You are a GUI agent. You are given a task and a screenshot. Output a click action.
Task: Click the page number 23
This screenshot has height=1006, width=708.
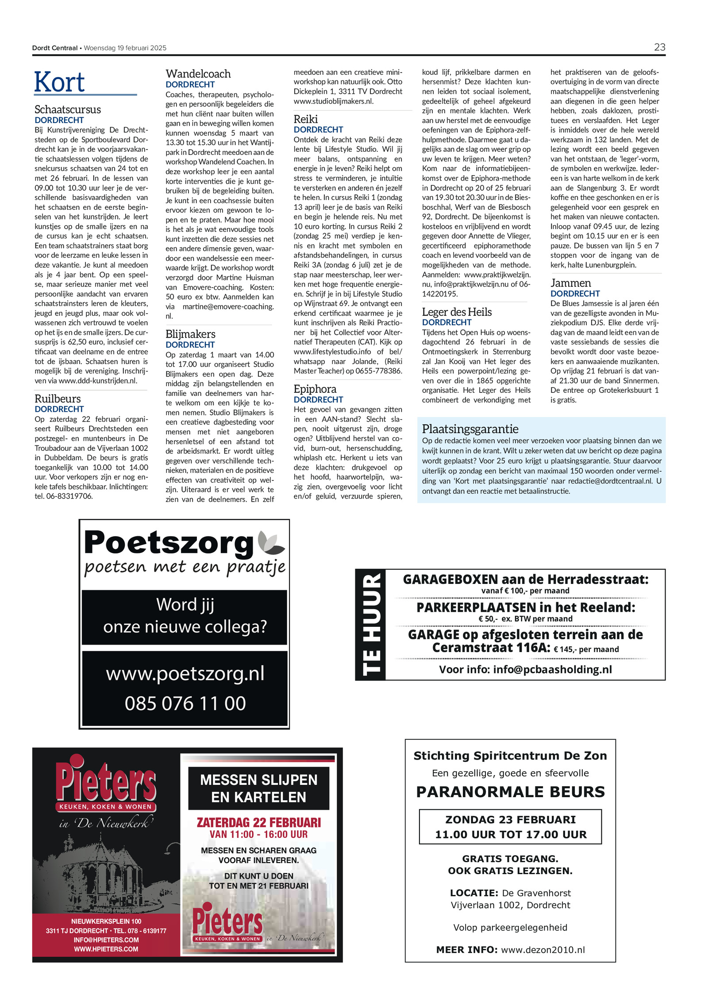tap(659, 47)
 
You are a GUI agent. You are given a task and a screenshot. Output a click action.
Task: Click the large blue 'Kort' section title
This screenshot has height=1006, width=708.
tap(59, 82)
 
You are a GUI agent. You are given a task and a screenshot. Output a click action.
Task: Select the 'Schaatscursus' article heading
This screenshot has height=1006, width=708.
tap(68, 109)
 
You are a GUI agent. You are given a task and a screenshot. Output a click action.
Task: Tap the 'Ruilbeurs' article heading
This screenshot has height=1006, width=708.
tap(58, 399)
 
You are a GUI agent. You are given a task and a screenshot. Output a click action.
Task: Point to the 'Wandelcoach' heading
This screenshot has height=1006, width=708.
tap(198, 74)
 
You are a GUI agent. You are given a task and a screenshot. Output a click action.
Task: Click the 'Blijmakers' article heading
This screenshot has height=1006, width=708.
tap(190, 334)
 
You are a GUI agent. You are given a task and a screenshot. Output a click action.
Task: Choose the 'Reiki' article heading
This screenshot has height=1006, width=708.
tap(306, 119)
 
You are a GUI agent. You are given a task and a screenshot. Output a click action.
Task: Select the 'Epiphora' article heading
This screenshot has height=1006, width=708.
tap(315, 389)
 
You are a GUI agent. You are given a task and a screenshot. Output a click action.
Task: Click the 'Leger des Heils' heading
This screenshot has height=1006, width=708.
tap(457, 312)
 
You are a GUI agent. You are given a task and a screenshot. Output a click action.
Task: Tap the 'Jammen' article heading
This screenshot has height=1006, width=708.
tap(570, 283)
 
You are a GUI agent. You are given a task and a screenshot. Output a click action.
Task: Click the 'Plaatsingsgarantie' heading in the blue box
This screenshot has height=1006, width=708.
tap(470, 429)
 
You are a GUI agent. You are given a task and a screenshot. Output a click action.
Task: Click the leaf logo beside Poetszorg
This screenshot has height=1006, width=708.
tap(271, 542)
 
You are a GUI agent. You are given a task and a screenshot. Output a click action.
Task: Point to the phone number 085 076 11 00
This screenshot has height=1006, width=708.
tap(185, 703)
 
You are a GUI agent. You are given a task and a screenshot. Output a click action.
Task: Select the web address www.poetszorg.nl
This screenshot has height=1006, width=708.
tap(185, 674)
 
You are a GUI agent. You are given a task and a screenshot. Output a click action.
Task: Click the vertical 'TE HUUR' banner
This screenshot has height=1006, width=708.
tap(371, 625)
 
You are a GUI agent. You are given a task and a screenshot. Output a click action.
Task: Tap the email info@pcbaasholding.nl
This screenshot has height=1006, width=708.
tap(552, 669)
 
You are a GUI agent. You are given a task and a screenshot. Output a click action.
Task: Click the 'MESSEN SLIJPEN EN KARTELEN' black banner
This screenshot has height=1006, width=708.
tap(258, 788)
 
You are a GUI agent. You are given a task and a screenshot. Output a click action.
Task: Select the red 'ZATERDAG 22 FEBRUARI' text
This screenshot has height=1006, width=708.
tap(258, 822)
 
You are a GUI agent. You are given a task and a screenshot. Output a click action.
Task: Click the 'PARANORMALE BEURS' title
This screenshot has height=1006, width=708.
tap(510, 792)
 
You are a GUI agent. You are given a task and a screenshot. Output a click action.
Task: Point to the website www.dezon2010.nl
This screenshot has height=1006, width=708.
tap(543, 950)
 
